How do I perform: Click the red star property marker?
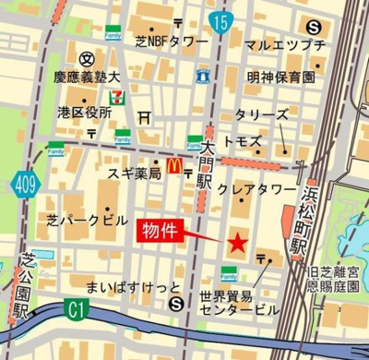point(237,243)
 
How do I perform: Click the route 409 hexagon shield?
point(25,186)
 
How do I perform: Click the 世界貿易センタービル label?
point(237,304)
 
